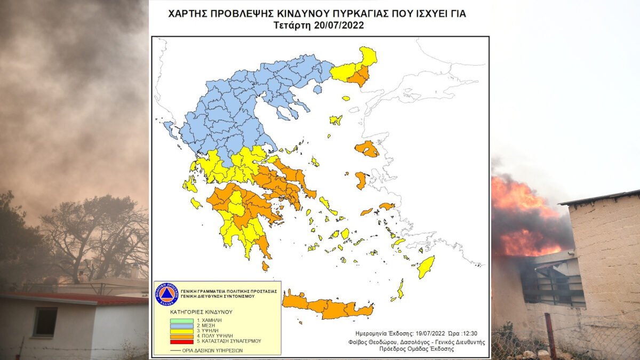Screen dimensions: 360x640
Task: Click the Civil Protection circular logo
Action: (166, 294)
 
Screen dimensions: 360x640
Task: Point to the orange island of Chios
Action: (361, 180)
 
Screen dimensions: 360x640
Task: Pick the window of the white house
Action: (45, 322)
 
